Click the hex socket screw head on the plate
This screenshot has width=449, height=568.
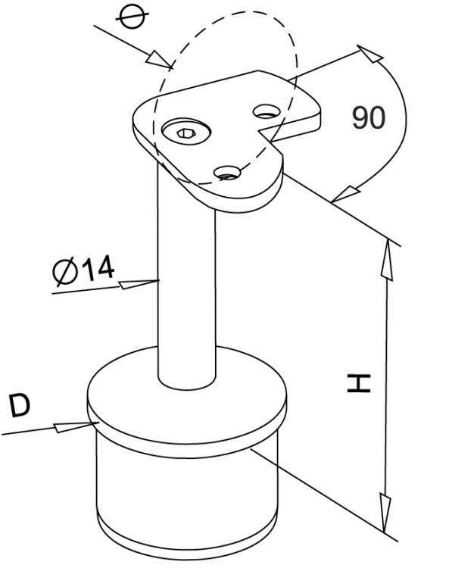[186, 133]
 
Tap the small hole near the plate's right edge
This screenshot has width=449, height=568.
[267, 111]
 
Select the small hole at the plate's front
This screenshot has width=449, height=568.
[227, 173]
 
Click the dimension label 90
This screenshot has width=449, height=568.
[368, 117]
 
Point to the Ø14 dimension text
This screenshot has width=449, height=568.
[83, 270]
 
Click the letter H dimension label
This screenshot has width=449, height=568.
[358, 384]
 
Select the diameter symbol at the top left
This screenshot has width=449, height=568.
[133, 17]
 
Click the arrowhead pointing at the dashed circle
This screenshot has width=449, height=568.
[159, 59]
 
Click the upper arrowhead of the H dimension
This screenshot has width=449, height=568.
[387, 259]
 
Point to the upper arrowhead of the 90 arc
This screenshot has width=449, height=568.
[370, 54]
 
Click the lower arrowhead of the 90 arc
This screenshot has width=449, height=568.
[345, 194]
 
